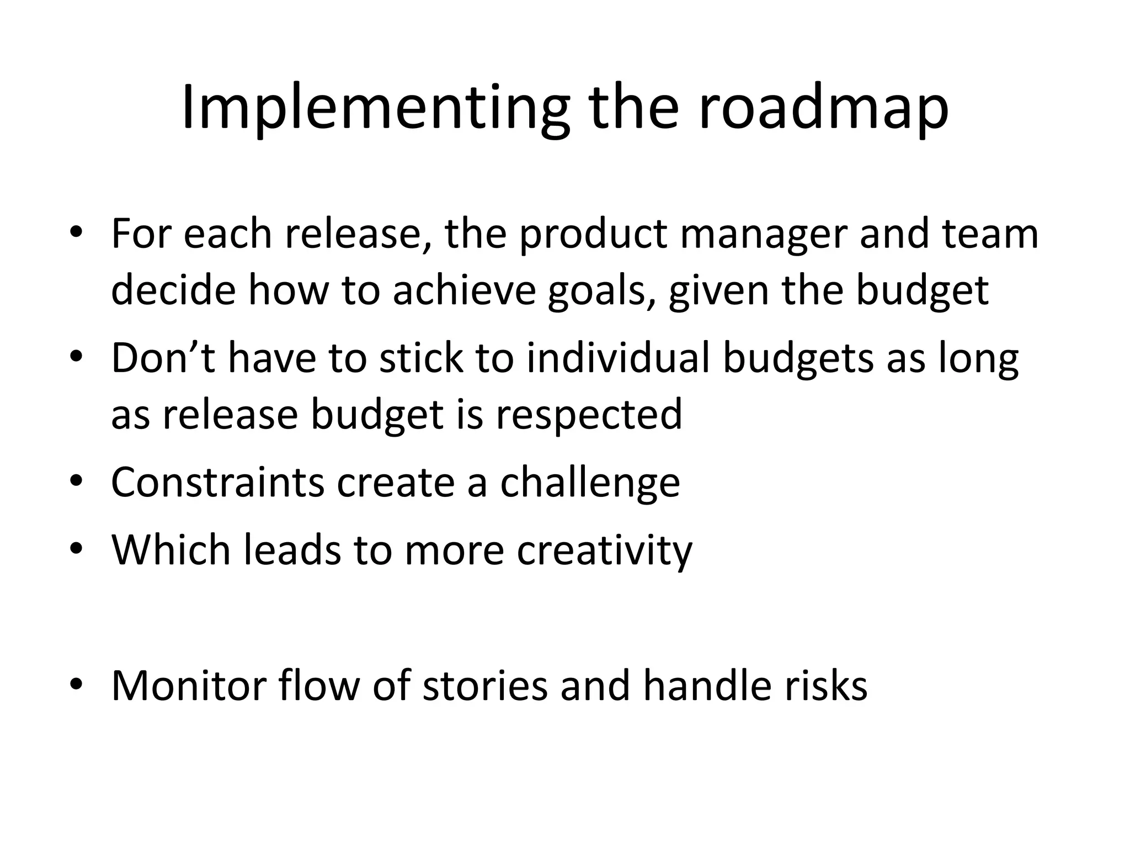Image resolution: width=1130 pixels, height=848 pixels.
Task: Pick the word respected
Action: click(589, 415)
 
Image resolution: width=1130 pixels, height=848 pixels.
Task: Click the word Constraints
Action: click(217, 482)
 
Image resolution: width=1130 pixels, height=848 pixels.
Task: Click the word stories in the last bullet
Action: click(485, 686)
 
